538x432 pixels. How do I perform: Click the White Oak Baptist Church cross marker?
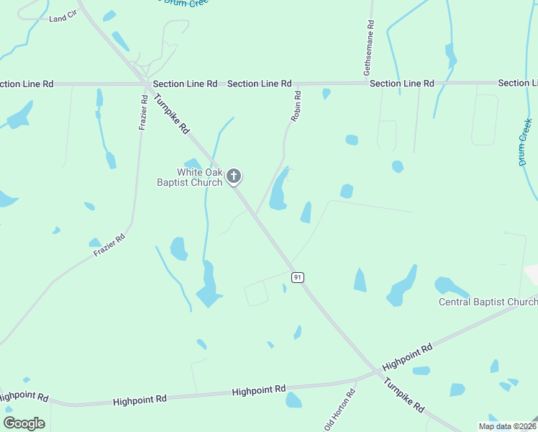coord(234,176)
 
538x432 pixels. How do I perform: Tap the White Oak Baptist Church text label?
coord(190,177)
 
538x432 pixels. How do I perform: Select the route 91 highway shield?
coord(296,277)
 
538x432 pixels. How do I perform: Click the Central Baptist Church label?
coord(488,302)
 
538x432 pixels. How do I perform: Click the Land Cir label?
coord(62,18)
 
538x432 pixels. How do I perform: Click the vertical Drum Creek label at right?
coord(526,143)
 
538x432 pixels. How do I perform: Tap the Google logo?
coord(24,423)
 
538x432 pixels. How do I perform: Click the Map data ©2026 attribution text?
coord(507,426)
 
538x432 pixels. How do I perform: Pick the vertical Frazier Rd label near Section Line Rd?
coord(144,112)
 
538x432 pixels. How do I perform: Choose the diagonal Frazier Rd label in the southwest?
coord(109,245)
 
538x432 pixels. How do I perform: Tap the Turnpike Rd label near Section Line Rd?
coord(172,117)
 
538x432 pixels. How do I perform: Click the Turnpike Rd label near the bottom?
coord(403,395)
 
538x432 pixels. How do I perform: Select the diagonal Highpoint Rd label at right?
coord(408,357)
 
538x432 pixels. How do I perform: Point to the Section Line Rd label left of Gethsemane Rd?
coord(259,84)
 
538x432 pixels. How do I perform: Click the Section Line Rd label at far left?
coord(27,84)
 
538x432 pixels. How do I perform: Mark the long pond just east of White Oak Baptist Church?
coord(279,189)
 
